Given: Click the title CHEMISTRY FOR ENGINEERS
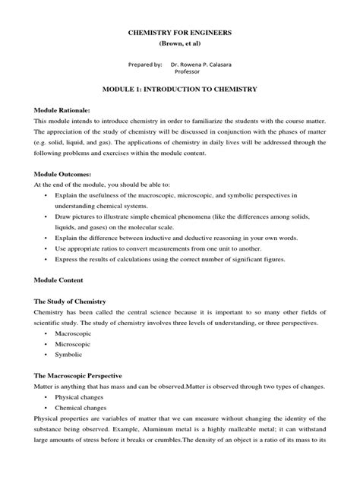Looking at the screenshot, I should pos(180,33).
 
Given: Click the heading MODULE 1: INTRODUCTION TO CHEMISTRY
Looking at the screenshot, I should pos(180,90).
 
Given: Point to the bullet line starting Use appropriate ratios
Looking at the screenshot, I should pos(174,248).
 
